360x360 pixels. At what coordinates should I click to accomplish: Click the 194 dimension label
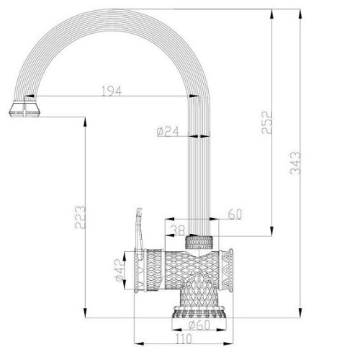click(x=112, y=91)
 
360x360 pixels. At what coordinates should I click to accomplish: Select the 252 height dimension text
click(x=267, y=122)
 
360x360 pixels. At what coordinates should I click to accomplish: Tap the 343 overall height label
click(x=295, y=163)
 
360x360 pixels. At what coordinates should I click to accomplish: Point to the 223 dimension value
click(x=80, y=217)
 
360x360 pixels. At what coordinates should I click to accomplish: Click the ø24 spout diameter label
click(x=168, y=132)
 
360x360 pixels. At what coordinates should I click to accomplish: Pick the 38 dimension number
click(x=179, y=230)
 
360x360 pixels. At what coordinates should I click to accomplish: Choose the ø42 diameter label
click(x=120, y=271)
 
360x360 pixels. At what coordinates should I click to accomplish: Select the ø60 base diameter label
click(x=199, y=325)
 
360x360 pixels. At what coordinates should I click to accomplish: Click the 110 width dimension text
click(x=184, y=339)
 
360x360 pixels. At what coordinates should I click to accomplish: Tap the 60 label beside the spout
click(x=235, y=215)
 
